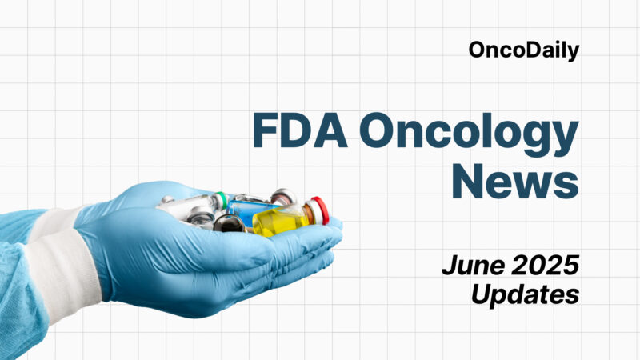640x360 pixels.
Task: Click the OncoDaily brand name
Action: [x=523, y=50]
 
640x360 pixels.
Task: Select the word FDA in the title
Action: [x=301, y=130]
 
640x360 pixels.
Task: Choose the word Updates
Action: [x=525, y=294]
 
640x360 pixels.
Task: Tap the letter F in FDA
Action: [x=266, y=130]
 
